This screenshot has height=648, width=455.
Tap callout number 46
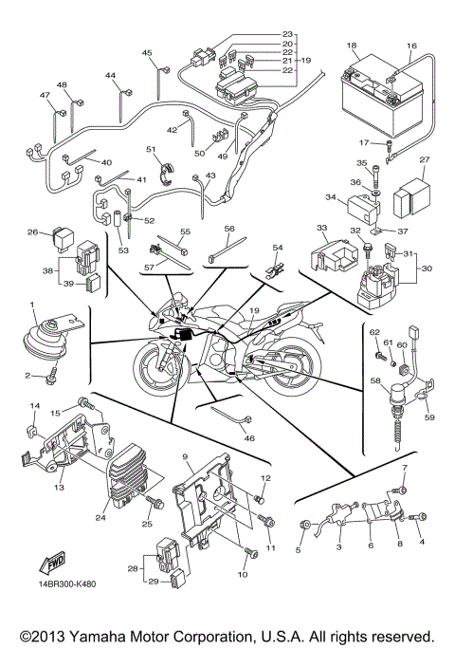[x=249, y=438]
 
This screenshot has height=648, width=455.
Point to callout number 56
[x=229, y=229]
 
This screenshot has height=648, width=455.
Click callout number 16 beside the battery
[x=411, y=46]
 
